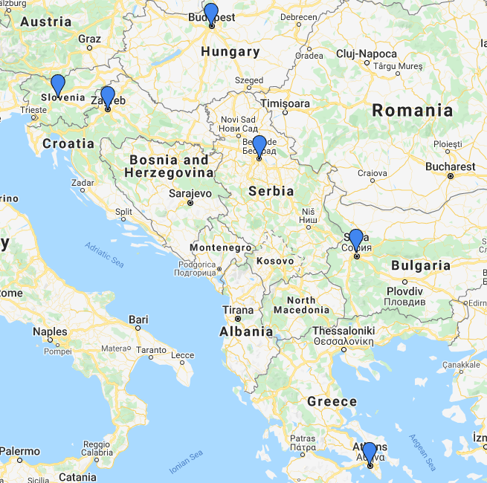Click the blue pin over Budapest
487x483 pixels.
pyautogui.click(x=211, y=14)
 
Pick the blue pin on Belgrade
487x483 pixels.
pyautogui.click(x=259, y=146)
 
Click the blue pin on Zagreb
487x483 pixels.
pyautogui.click(x=108, y=97)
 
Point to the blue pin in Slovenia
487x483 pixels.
pyautogui.click(x=57, y=85)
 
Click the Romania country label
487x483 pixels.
pyautogui.click(x=412, y=111)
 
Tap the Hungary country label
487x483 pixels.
pyautogui.click(x=230, y=52)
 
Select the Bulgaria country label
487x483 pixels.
pyautogui.click(x=421, y=265)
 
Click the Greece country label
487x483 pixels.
pyautogui.click(x=332, y=401)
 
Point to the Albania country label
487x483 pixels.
pyautogui.click(x=246, y=332)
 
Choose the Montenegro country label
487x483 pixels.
pyautogui.click(x=221, y=247)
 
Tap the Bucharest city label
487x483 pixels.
pyautogui.click(x=450, y=166)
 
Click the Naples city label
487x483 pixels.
pyautogui.click(x=50, y=332)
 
